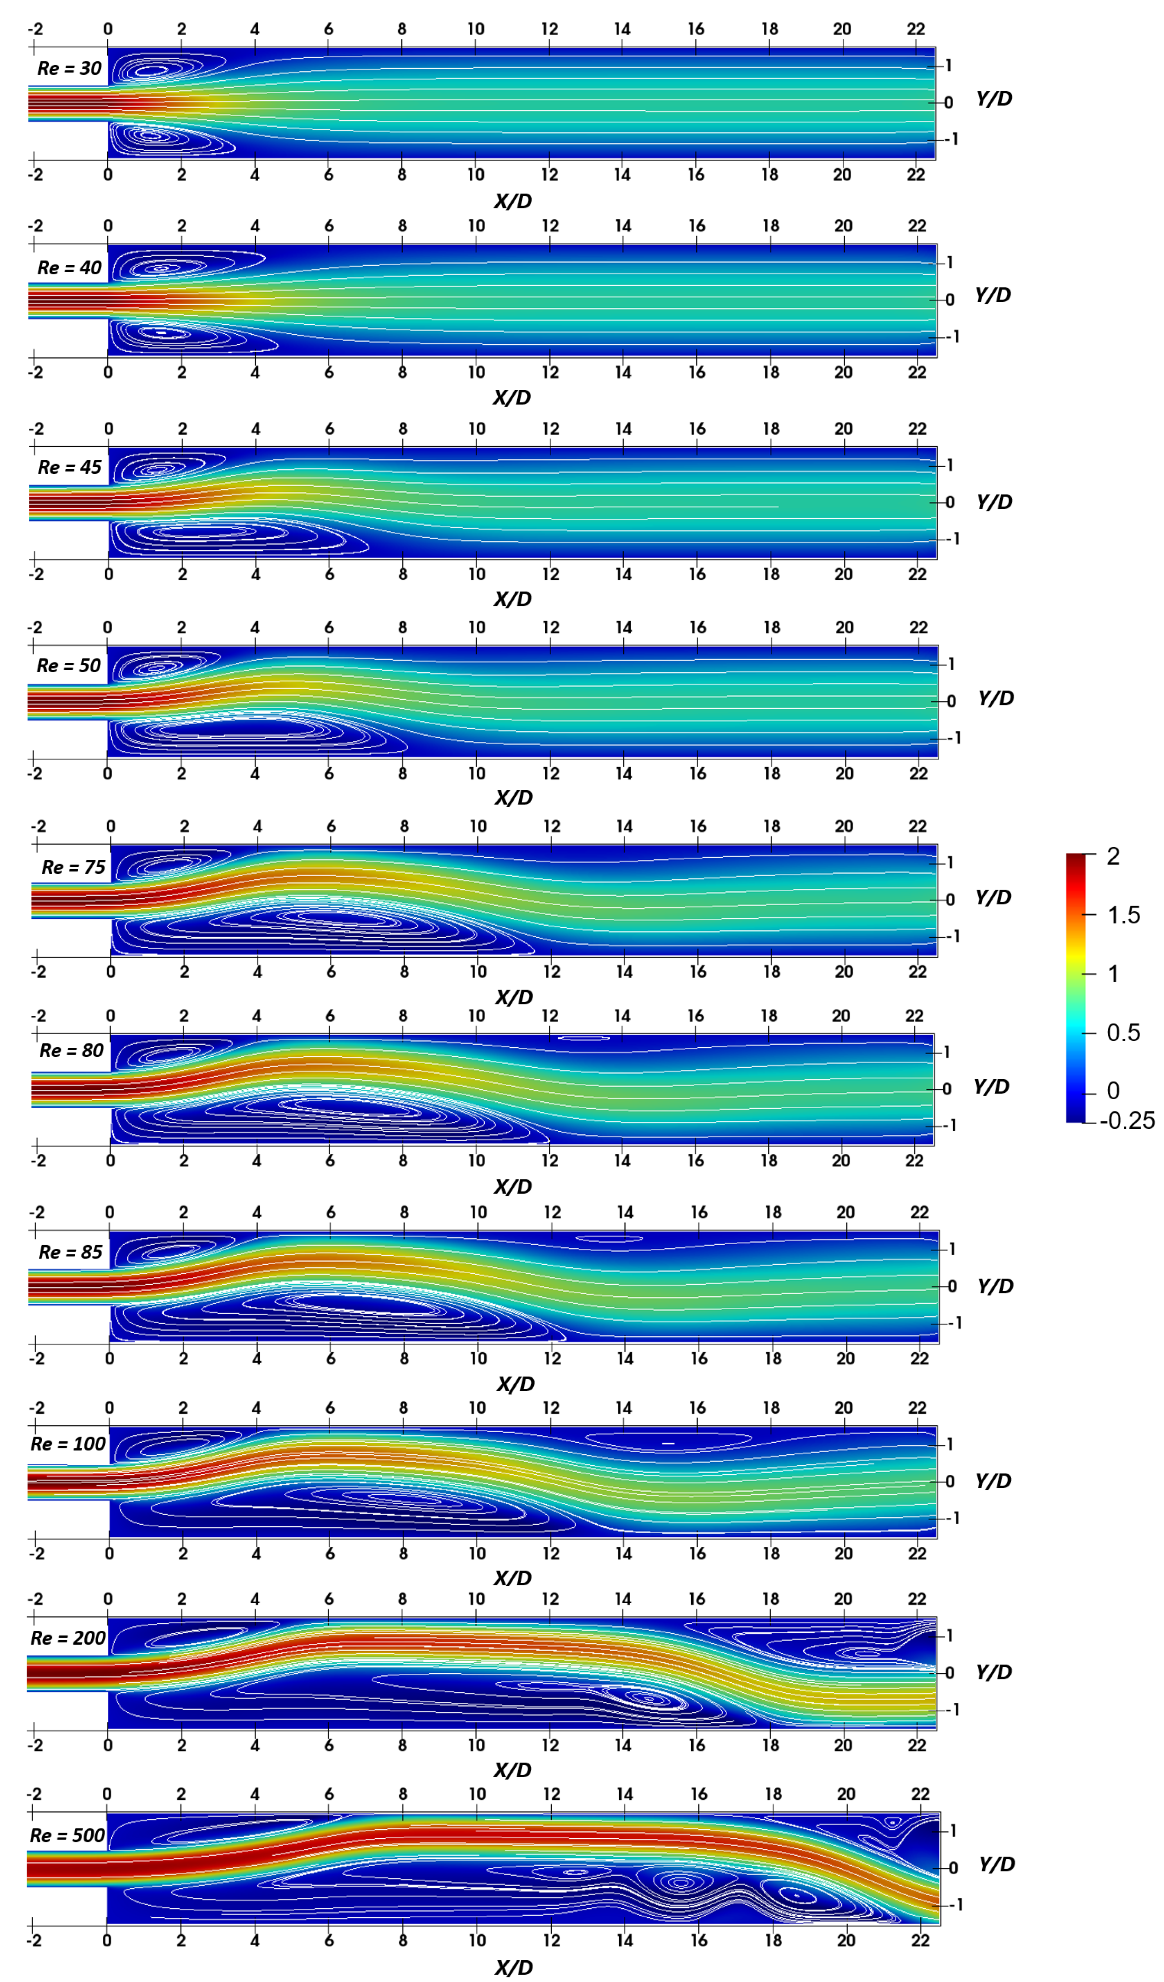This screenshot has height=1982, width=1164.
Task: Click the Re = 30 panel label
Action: click(x=69, y=68)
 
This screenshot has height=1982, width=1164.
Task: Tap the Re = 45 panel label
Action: click(x=69, y=467)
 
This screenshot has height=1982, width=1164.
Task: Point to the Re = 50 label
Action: click(x=68, y=666)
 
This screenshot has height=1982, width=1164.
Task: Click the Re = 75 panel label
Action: click(x=73, y=868)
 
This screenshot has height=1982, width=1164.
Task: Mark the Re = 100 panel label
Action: click(x=68, y=1444)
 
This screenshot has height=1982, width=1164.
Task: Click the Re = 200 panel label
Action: click(x=68, y=1638)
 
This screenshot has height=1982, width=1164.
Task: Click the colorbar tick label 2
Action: click(x=1113, y=857)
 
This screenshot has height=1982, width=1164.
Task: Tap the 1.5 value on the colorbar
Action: click(x=1123, y=915)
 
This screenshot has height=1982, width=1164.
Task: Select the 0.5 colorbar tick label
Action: click(x=1123, y=1033)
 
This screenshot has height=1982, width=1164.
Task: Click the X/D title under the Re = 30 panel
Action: click(x=513, y=201)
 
